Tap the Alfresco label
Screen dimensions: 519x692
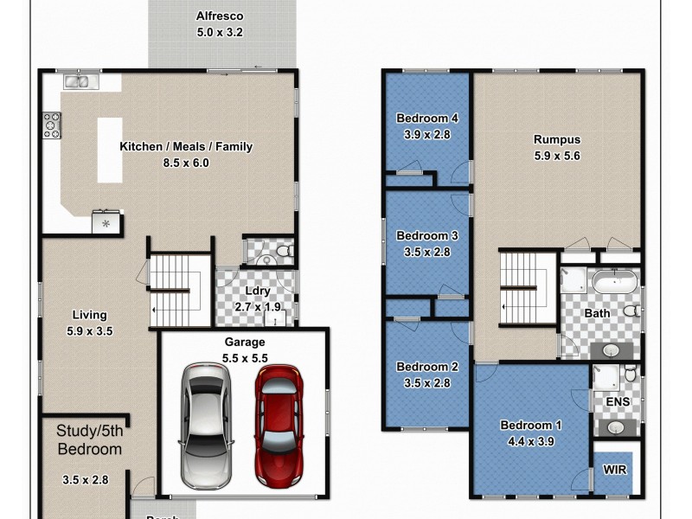coord(221,16)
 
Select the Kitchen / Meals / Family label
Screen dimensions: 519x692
coord(186,146)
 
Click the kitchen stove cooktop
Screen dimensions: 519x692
coord(51,127)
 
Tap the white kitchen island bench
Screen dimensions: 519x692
coord(109,150)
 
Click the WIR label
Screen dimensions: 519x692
coord(616,470)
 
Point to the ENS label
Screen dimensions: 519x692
coord(618,401)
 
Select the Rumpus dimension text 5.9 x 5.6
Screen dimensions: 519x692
coord(556,156)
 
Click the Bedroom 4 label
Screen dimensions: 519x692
coord(426,119)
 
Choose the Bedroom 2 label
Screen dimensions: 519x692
coord(426,366)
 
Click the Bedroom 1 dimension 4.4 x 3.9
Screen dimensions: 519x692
coord(532,440)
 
